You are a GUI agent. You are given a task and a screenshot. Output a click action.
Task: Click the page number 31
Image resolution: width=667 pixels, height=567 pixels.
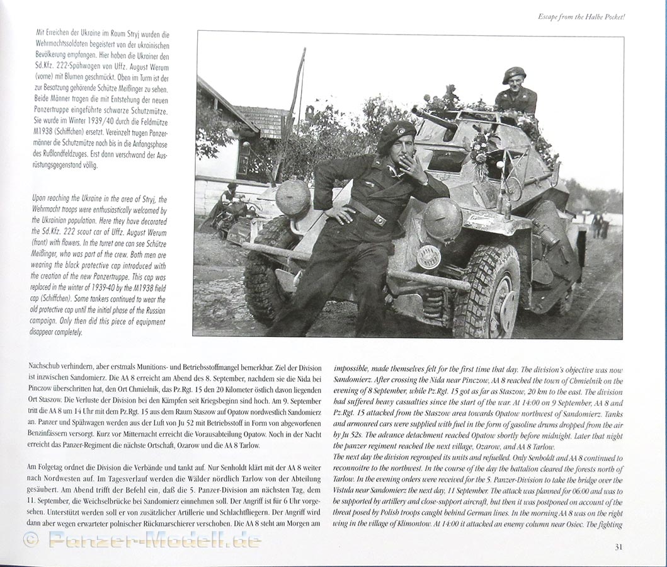tap(619, 547)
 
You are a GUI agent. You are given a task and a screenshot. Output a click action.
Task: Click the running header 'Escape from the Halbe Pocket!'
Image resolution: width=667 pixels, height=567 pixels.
tap(581, 16)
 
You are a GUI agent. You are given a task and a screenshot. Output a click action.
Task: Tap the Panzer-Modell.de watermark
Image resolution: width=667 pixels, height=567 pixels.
tap(154, 539)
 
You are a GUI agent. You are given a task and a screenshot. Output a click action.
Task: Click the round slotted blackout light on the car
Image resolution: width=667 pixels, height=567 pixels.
tap(429, 256)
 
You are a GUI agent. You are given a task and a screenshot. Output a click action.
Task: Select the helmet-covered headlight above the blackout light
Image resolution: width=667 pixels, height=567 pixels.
tap(442, 220)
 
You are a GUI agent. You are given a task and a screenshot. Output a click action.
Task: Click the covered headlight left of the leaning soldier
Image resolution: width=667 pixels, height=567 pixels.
tap(293, 198)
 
